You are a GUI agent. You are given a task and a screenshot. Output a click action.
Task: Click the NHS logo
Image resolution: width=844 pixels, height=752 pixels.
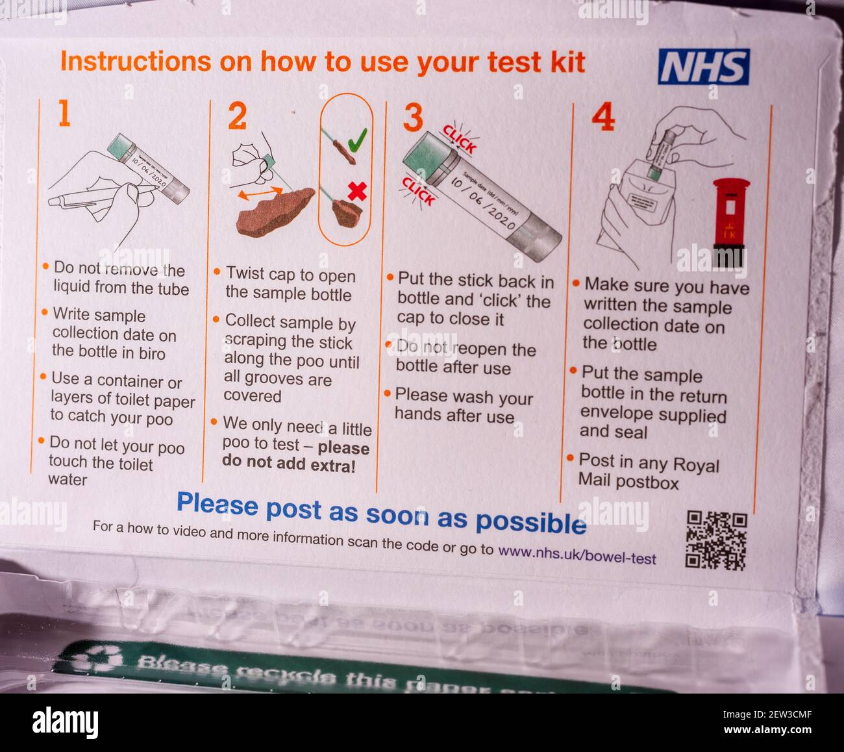click(x=703, y=67)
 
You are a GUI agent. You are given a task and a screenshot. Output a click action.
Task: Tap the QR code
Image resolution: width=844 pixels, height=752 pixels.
click(x=716, y=540)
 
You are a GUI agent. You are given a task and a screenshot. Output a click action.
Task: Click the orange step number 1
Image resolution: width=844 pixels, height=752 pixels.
click(x=64, y=114)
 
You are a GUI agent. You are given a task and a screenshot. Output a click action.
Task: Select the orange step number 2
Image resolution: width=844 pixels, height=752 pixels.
click(x=237, y=117)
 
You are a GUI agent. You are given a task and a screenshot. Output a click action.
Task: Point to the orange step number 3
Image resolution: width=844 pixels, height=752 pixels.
click(x=413, y=118)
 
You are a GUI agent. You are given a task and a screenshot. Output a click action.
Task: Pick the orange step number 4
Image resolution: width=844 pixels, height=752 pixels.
click(x=602, y=118)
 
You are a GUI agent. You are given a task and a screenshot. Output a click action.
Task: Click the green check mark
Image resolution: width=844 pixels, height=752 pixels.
click(x=356, y=139)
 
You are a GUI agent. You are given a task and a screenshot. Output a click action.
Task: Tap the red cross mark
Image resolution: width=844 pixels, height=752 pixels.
click(x=357, y=191)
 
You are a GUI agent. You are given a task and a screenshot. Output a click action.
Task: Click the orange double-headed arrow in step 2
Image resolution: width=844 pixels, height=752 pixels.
click(x=259, y=193)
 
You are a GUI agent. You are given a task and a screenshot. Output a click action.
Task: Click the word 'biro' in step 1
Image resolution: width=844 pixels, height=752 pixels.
click(x=152, y=353)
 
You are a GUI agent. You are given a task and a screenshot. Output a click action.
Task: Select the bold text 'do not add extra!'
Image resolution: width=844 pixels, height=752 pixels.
click(x=288, y=463)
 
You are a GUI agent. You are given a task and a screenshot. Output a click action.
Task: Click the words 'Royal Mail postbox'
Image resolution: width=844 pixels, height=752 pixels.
click(x=649, y=473)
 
